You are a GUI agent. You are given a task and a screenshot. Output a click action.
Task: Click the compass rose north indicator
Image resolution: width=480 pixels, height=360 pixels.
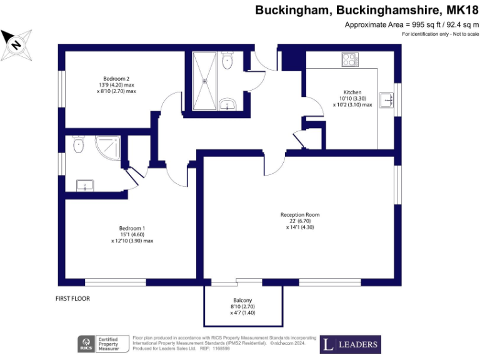16,45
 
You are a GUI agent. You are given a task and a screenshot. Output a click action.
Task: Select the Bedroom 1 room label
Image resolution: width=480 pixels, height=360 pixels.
132,228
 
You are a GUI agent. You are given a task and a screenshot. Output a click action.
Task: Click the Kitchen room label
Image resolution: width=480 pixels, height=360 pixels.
352,92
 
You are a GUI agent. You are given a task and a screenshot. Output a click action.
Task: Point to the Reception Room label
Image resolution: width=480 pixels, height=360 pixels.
300,214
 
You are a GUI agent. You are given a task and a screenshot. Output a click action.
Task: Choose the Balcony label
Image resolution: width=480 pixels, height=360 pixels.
242,300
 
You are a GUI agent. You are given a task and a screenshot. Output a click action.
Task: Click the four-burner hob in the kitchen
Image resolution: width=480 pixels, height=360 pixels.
350,59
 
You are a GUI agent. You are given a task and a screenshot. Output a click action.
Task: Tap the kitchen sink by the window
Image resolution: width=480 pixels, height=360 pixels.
386,100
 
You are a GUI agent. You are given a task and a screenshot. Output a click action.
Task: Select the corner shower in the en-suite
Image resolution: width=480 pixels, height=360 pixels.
107,148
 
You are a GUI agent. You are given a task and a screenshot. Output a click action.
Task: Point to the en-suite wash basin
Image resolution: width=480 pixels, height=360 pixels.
85,186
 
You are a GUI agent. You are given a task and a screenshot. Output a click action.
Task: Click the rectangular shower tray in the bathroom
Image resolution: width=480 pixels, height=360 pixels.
204,81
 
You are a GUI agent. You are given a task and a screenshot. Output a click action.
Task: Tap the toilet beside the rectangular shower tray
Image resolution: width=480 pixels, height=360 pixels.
227,60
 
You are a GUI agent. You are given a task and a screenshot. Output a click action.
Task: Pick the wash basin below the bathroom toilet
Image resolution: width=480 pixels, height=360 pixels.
227,104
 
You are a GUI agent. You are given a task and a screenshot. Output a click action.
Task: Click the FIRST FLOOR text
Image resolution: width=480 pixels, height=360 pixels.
73,299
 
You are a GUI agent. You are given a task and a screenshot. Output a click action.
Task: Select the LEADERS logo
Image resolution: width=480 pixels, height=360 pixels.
351,344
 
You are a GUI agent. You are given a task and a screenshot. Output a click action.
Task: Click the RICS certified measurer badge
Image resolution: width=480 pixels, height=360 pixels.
103,344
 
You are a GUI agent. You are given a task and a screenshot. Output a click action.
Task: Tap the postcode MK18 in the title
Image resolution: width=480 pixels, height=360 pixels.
462,10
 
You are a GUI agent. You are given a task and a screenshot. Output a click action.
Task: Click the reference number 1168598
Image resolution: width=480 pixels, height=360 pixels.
221,348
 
